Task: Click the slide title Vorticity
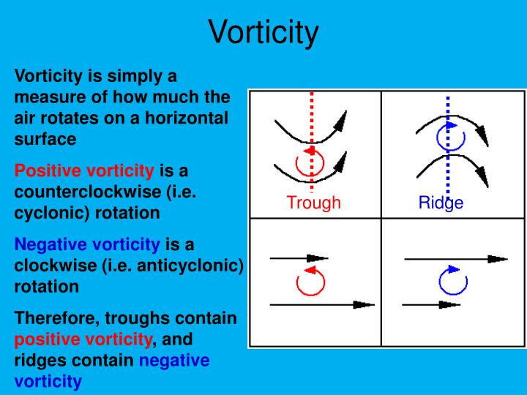(x=263, y=33)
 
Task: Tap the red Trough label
(x=313, y=203)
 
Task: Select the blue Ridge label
(x=441, y=203)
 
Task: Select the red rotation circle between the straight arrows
(x=310, y=280)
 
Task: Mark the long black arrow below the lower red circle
(x=322, y=304)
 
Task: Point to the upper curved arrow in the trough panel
(x=307, y=132)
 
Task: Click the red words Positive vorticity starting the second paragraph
(x=84, y=171)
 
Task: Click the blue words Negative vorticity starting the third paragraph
(x=87, y=244)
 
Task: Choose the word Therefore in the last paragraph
(x=56, y=319)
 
